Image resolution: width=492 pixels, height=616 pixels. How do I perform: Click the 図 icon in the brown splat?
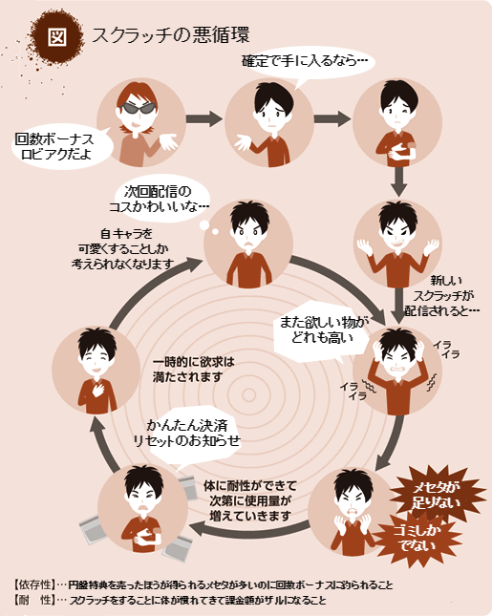click(57, 37)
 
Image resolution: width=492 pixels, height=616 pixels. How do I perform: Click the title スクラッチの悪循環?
click(171, 34)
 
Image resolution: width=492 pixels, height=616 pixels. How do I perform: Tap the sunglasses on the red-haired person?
click(138, 107)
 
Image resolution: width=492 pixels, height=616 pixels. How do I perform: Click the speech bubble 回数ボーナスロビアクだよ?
click(60, 146)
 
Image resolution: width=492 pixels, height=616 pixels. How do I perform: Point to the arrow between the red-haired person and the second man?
click(203, 118)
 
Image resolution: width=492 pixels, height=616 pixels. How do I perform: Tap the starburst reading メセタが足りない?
click(436, 494)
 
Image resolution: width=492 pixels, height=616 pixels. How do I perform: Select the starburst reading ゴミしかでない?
click(417, 538)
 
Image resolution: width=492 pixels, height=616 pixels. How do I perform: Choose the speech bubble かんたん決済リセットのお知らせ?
click(187, 434)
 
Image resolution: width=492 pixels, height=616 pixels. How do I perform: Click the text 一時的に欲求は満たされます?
click(193, 370)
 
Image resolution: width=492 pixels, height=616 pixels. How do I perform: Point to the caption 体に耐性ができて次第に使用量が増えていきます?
click(250, 500)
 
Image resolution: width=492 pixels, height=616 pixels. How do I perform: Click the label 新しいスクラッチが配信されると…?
click(442, 296)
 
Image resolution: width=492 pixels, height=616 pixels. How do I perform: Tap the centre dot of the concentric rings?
click(248, 394)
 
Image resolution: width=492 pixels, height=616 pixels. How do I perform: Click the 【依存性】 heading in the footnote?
click(33, 584)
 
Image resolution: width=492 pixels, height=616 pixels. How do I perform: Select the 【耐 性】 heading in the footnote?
click(33, 600)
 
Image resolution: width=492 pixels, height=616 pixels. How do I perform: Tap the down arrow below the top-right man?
click(398, 181)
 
